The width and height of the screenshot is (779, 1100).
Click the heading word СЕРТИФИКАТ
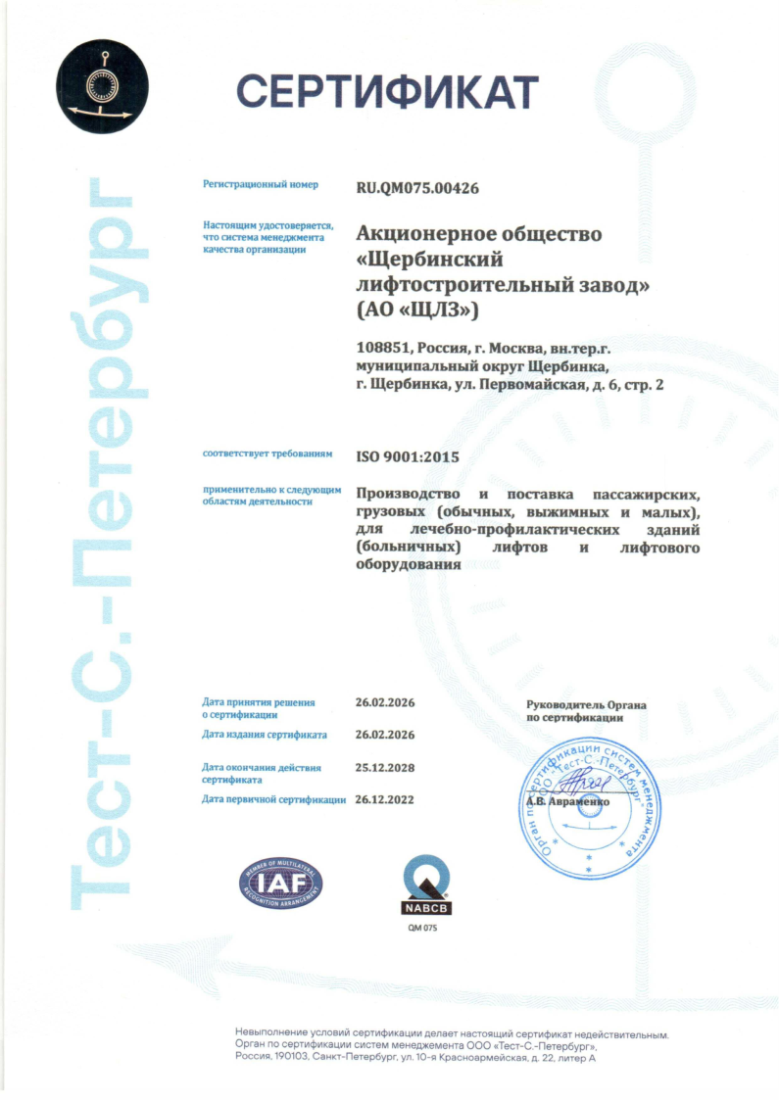pyautogui.click(x=387, y=92)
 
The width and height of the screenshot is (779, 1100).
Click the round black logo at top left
pyautogui.click(x=102, y=78)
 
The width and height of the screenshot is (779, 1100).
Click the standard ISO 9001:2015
pyautogui.click(x=407, y=456)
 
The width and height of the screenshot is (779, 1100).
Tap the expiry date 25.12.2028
pyautogui.click(x=385, y=768)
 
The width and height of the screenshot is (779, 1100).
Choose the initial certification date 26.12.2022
pyautogui.click(x=385, y=799)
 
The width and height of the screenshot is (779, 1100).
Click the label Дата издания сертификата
pyautogui.click(x=265, y=734)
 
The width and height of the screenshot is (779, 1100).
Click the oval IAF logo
pyautogui.click(x=281, y=882)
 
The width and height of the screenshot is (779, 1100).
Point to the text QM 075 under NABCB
pyautogui.click(x=422, y=927)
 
